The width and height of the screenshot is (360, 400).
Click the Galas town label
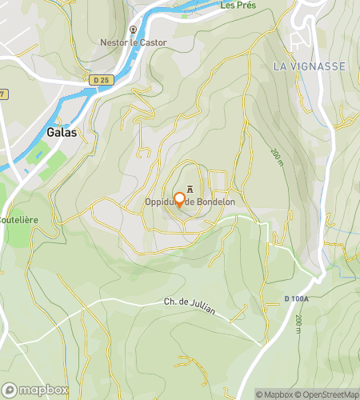click(x=62, y=133)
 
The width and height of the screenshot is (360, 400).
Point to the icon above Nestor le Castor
click(x=132, y=29)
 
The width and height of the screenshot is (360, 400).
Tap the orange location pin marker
click(x=180, y=200)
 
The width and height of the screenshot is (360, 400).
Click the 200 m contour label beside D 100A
click(x=298, y=323)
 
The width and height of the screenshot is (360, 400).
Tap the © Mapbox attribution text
click(x=274, y=394)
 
